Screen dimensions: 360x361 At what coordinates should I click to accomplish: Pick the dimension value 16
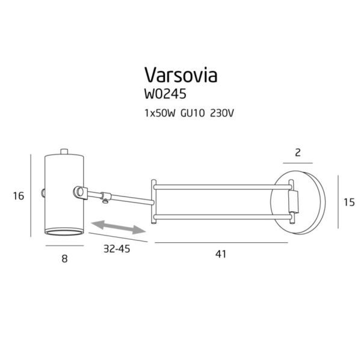click(x=18, y=196)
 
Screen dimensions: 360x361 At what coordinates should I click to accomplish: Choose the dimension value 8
click(x=64, y=259)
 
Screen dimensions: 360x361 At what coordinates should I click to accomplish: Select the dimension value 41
click(x=220, y=254)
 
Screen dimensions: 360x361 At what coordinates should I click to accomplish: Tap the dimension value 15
click(x=348, y=203)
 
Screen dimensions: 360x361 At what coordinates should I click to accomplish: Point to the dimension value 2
click(x=297, y=153)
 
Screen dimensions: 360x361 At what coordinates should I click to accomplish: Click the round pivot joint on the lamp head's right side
click(x=78, y=192)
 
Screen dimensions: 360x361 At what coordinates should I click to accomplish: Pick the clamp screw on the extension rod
click(x=105, y=197)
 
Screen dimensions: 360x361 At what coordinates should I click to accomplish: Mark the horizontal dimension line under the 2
click(x=298, y=163)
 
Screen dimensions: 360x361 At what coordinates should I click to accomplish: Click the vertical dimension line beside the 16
click(x=31, y=196)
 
